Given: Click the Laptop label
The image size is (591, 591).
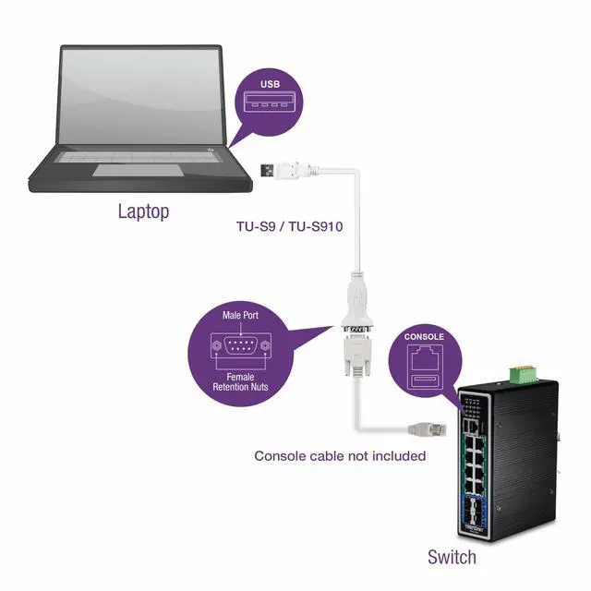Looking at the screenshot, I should [143, 211].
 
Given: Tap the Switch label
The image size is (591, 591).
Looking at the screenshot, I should [452, 557].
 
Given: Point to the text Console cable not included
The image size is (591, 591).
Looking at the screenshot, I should [340, 455].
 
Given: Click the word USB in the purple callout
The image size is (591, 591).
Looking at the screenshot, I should [268, 84].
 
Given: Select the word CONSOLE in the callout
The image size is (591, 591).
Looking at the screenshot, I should [425, 337].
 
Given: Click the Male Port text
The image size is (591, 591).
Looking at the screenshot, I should [240, 315].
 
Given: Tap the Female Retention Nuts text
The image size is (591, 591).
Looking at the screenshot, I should [239, 380].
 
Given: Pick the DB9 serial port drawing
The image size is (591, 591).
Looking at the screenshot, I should [239, 346].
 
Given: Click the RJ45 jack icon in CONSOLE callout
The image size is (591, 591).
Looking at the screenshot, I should [425, 357].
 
